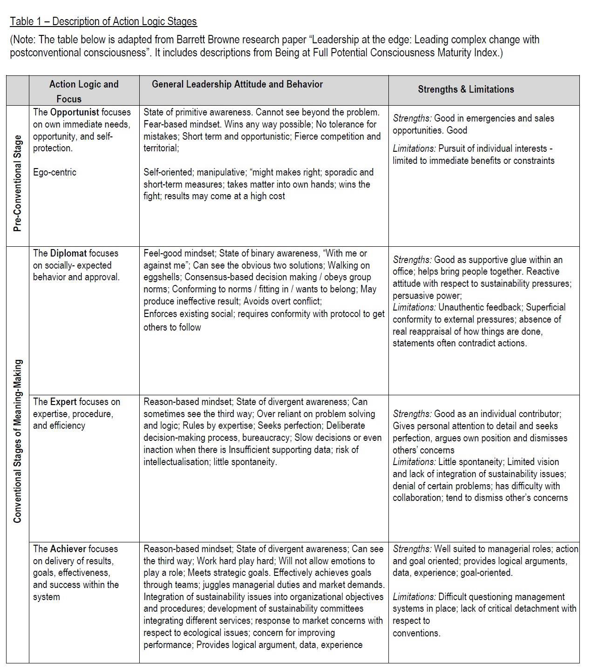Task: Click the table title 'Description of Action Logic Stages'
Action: [x=124, y=21]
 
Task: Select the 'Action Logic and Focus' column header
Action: [x=84, y=91]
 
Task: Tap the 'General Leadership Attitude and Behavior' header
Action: [x=237, y=84]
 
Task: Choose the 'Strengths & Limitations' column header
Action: [x=466, y=89]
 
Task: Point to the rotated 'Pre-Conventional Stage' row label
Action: [x=18, y=183]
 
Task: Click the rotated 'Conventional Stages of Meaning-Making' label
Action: [x=18, y=440]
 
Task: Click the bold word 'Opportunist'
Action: [x=75, y=112]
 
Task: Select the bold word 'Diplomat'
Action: [x=68, y=253]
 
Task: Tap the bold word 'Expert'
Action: [x=63, y=402]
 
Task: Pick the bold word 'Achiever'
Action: [x=68, y=549]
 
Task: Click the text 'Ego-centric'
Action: [x=54, y=172]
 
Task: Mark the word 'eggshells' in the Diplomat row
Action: [x=159, y=277]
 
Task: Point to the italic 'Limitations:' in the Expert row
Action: [x=414, y=462]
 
